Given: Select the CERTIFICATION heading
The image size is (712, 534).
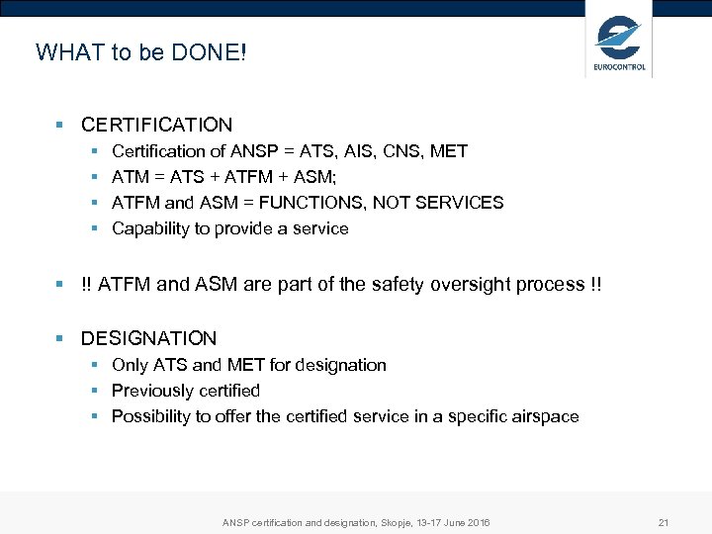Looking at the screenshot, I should coord(156,126).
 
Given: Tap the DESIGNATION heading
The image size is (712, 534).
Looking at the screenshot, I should coord(148,338).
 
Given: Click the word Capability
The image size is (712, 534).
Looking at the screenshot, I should coord(150,228).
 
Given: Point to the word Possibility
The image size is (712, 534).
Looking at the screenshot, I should coord(152,416).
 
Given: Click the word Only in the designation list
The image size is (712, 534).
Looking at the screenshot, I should coord(130,365).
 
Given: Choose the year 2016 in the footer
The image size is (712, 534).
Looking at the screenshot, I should coord(476,522).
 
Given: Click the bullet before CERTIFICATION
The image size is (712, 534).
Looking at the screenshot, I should coord(60,126).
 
